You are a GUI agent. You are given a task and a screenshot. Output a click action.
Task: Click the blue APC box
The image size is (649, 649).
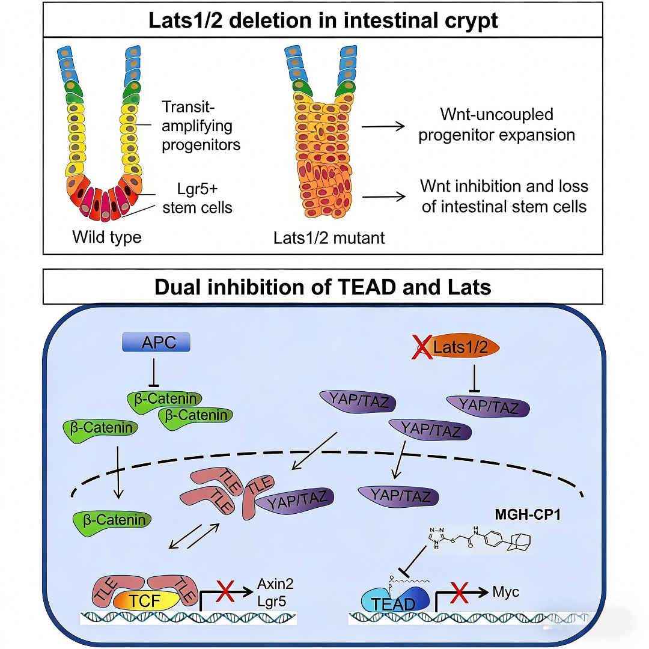pos(156,343)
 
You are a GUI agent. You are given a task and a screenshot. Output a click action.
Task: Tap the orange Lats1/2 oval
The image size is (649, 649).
pos(463,347)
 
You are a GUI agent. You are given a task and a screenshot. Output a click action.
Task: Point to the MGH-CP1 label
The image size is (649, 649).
pos(528,514)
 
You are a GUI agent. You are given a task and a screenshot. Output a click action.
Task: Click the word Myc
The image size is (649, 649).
pos(506,592)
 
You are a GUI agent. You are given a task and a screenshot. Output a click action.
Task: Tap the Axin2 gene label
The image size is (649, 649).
pos(275,583)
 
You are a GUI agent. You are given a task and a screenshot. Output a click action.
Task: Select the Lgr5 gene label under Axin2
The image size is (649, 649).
pos(272,602)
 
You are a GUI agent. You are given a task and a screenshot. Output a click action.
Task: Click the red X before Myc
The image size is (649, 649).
pos(460,593)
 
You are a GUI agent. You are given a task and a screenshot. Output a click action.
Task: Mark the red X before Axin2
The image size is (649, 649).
pos(225,591)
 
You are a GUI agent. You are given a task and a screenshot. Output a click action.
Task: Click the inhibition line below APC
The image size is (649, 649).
pos(154,372)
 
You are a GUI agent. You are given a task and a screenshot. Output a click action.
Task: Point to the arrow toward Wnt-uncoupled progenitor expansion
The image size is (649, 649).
pos(383,126)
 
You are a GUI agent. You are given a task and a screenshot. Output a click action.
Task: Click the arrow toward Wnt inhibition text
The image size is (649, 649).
pos(383,197)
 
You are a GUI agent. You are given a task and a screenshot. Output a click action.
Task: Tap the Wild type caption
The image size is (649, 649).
pos(107,237)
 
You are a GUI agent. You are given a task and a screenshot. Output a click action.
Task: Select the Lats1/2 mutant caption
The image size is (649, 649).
pos(329,238)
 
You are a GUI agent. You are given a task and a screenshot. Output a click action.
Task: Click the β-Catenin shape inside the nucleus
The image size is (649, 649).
pos(112,522)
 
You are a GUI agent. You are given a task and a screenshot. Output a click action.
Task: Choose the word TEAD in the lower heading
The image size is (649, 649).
pos(367,287)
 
